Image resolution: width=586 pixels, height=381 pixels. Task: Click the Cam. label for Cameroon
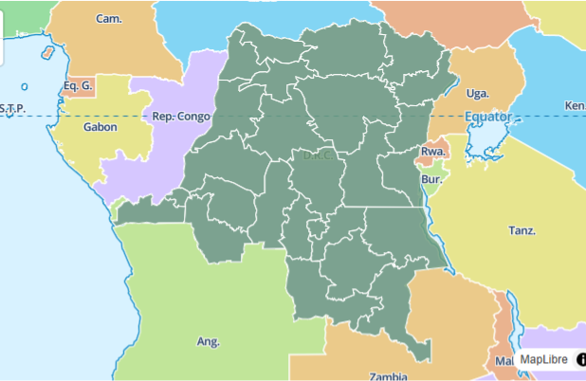(109, 19)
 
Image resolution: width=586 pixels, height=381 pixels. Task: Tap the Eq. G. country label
(78, 85)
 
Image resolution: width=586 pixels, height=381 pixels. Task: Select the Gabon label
(101, 126)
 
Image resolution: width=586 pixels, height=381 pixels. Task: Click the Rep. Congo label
(180, 117)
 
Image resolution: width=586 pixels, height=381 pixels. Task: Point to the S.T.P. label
(12, 107)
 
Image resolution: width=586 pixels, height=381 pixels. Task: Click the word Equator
(487, 118)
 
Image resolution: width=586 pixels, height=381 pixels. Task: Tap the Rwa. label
(433, 152)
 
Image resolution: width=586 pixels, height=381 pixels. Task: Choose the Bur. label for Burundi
(431, 178)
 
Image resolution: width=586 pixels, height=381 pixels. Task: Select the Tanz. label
(522, 230)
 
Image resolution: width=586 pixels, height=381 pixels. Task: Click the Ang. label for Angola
(208, 341)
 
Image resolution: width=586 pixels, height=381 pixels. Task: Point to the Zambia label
(389, 375)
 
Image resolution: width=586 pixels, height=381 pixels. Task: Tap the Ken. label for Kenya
(575, 105)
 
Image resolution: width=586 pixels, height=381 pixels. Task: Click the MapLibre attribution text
(542, 360)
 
